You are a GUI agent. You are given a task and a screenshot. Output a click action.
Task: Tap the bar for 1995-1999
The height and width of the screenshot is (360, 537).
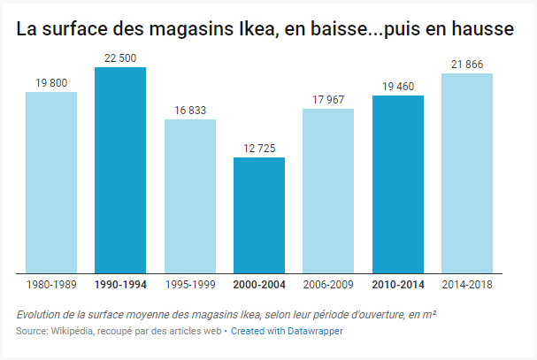tap(190, 196)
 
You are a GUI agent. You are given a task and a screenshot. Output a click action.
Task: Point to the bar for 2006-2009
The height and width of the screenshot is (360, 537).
tap(328, 191)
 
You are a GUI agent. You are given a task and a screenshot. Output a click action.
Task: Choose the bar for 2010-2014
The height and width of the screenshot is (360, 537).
tap(398, 184)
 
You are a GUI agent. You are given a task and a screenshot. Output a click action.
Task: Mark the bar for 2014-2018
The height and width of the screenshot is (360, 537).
tap(467, 173)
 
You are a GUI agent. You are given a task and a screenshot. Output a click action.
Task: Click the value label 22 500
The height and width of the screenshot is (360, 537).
tap(120, 58)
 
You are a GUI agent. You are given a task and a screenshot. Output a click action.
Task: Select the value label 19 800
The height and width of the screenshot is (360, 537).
tap(51, 83)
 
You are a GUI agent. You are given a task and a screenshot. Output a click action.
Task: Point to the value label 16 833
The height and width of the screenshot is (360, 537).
tap(190, 111)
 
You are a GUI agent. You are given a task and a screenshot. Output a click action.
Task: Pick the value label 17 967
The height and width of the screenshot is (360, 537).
tap(328, 100)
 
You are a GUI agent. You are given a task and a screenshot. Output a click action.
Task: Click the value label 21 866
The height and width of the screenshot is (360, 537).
tap(467, 65)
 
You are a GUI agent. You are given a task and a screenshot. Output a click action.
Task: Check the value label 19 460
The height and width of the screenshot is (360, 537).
tap(398, 87)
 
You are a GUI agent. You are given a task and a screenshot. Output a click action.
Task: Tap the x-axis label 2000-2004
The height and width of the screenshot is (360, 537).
tap(259, 285)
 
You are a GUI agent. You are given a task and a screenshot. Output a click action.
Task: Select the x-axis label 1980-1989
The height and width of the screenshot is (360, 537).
tap(51, 285)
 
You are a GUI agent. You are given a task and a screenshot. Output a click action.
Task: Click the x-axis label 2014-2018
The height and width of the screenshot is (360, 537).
tap(467, 285)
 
